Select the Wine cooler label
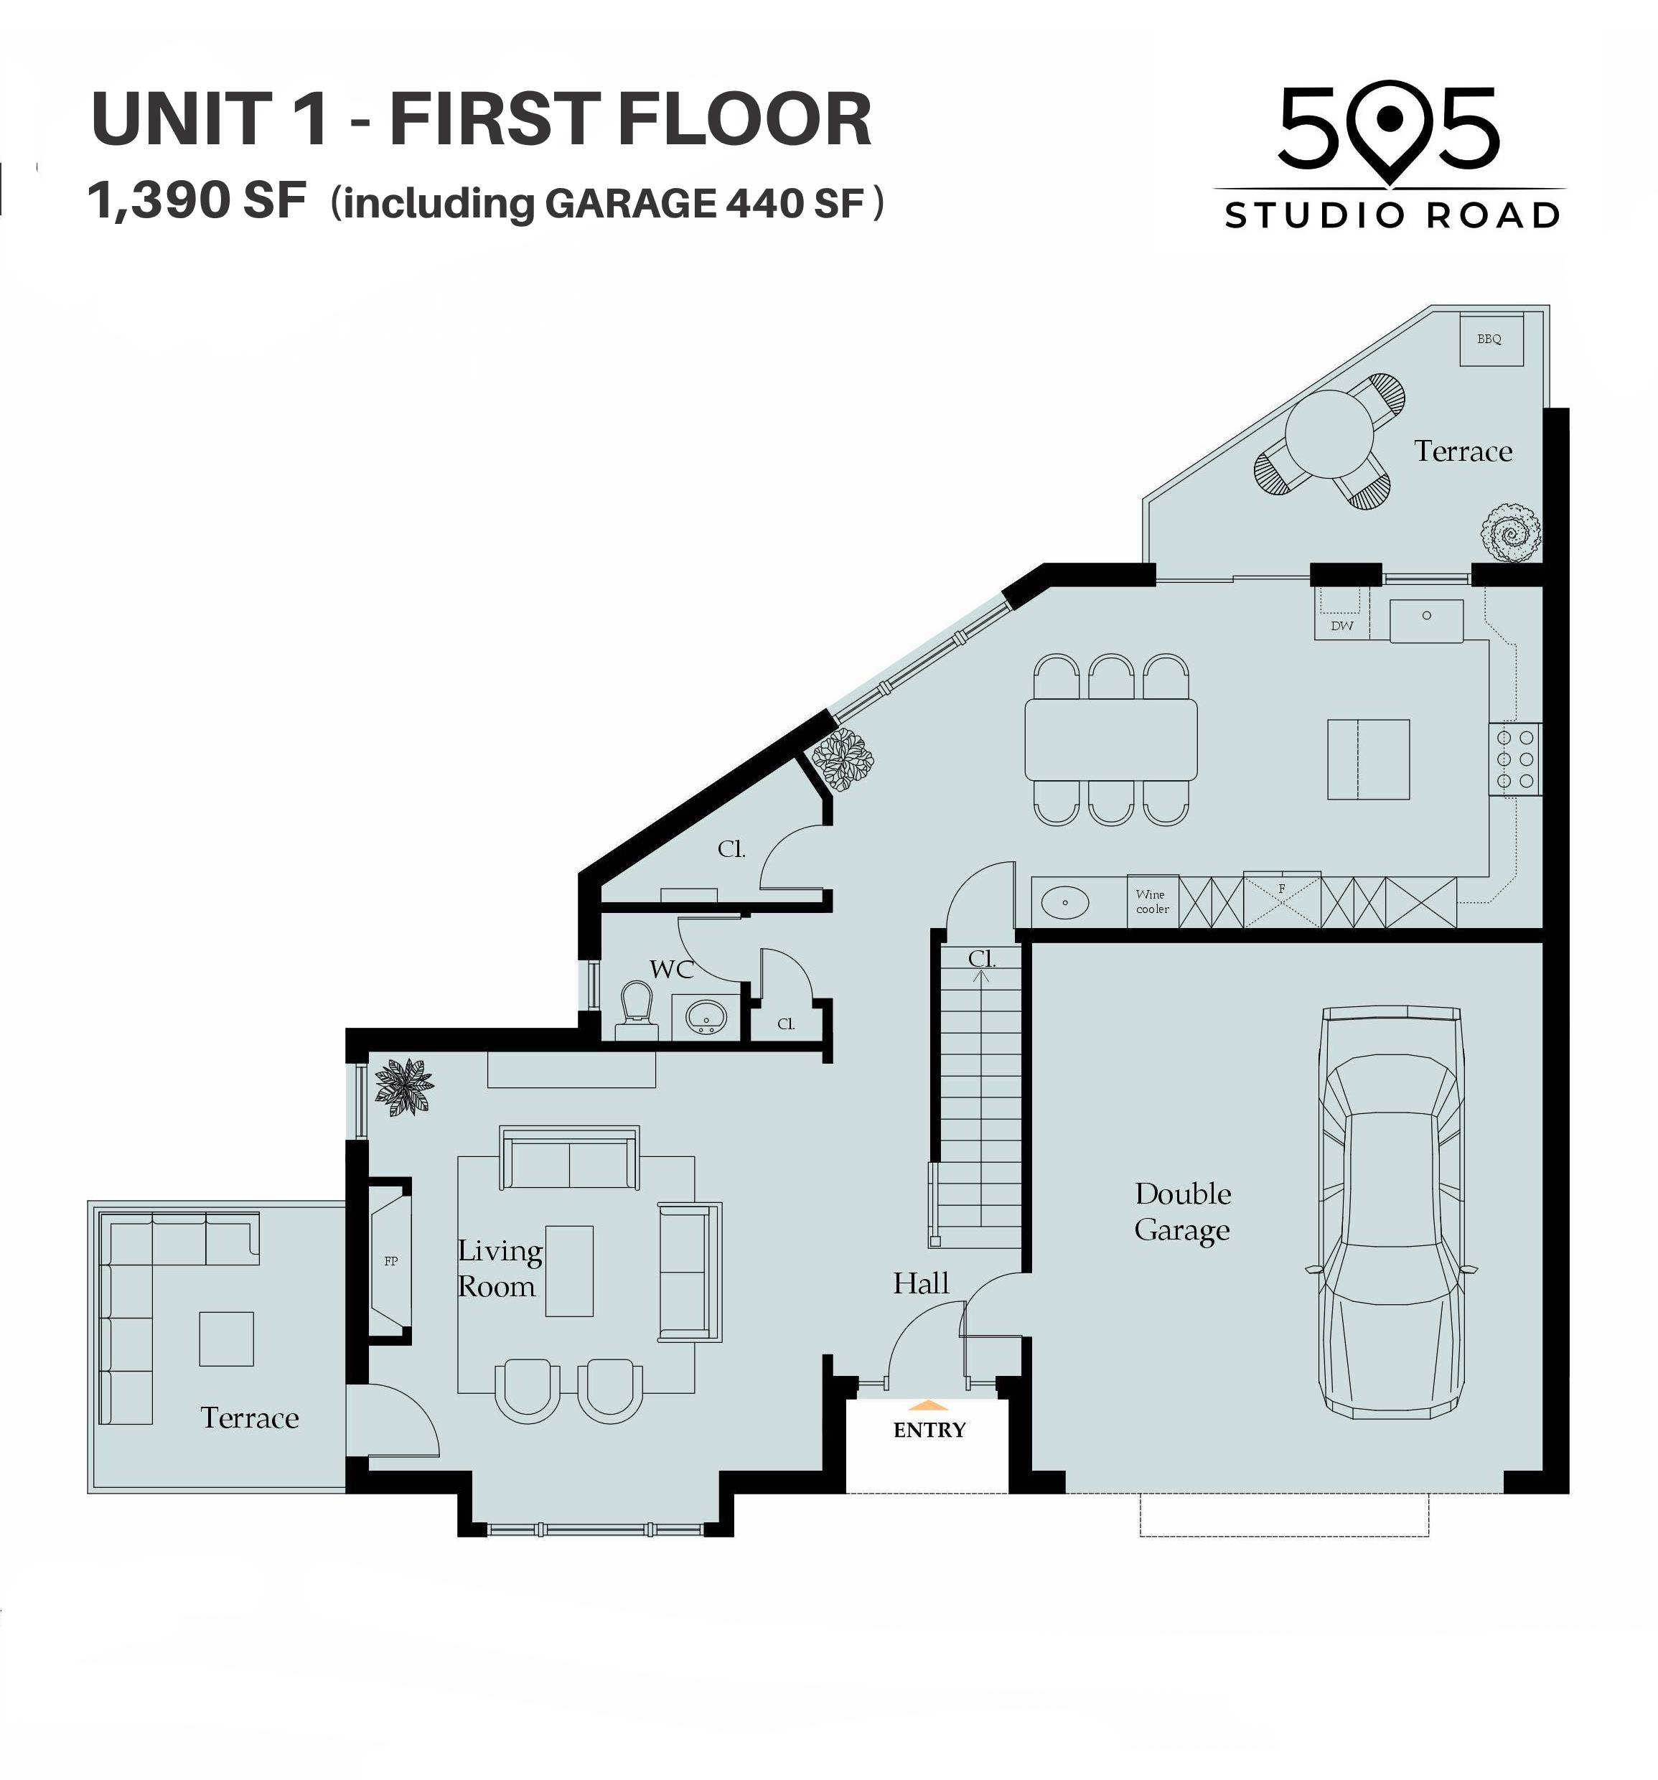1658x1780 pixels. click(1152, 901)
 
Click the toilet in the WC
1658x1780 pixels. click(637, 1010)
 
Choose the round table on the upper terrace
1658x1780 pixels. click(1329, 434)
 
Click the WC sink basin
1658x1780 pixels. click(706, 1017)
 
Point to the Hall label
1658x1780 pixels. click(920, 1283)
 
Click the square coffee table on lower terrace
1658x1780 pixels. click(225, 1339)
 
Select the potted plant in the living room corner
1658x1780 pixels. click(405, 1087)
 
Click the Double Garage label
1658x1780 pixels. click(1183, 1212)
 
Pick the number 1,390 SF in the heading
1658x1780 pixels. click(197, 200)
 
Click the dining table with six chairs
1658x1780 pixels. click(1111, 739)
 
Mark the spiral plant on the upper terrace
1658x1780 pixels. click(1510, 533)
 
